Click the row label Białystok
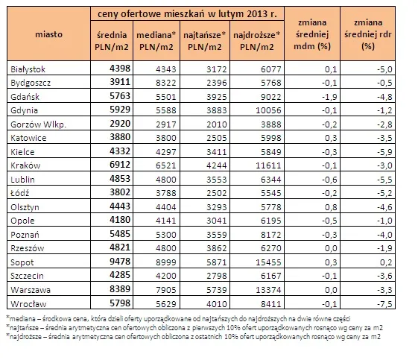point(28,69)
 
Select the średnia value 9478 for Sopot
point(120,261)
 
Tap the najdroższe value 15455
point(268,262)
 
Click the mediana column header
point(156,41)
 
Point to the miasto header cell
point(48,34)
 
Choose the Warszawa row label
point(31,290)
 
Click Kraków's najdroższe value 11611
point(268,165)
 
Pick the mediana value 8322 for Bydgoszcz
point(166,83)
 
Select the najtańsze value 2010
point(217,124)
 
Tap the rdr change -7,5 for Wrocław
point(384,304)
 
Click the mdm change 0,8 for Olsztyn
point(331,207)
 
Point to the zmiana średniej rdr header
point(368,34)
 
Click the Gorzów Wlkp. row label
point(38,124)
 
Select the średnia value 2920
point(120,124)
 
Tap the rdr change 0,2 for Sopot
point(386,262)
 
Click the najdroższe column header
point(257,41)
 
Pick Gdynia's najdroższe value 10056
point(268,110)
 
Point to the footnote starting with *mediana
point(178,319)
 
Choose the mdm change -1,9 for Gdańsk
point(329,97)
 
